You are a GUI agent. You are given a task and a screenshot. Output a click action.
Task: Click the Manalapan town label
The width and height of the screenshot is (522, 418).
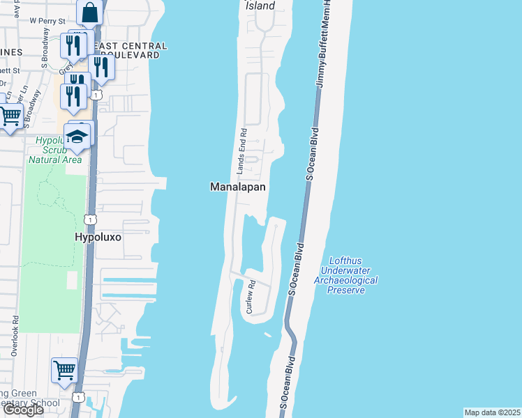[x=238, y=187]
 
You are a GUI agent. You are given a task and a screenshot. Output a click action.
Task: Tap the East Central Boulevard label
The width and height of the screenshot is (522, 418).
[x=133, y=49]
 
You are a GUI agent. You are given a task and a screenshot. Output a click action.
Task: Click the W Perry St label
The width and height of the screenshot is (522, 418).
[x=47, y=21]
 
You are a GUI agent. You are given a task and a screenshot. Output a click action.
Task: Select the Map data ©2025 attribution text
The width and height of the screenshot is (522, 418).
[x=492, y=412]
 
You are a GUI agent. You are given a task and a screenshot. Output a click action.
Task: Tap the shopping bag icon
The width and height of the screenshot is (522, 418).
[x=90, y=12]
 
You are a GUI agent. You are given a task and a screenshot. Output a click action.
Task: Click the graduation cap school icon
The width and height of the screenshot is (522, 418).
[x=78, y=137]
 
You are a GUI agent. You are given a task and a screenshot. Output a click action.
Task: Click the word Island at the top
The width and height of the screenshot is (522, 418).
[x=260, y=6]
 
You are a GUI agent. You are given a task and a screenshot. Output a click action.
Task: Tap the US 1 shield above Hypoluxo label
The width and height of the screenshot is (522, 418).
[x=89, y=219]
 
